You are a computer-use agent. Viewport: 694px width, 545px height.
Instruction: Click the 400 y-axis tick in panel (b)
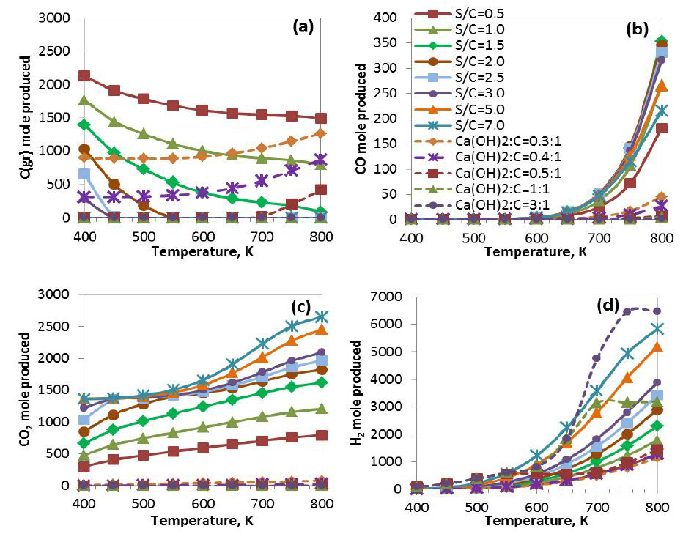coord(394,17)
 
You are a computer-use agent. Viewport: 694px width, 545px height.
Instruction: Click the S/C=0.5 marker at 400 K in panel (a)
coord(84,76)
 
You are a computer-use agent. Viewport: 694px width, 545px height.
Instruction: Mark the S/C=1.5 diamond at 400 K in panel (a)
coord(84,125)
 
